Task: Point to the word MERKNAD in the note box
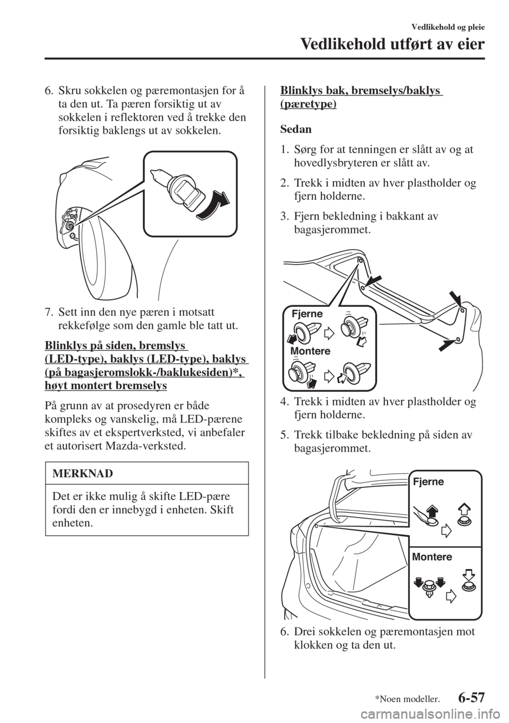(83, 474)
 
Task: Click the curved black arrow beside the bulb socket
(213, 205)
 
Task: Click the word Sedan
(296, 130)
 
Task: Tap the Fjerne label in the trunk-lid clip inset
(307, 313)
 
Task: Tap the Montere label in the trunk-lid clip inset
(310, 350)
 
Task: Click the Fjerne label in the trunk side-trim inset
(428, 481)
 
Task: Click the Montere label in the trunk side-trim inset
(432, 557)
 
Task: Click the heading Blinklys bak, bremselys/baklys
(360, 91)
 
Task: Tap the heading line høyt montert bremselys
(106, 386)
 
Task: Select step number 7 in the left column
(48, 313)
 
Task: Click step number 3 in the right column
(284, 216)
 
